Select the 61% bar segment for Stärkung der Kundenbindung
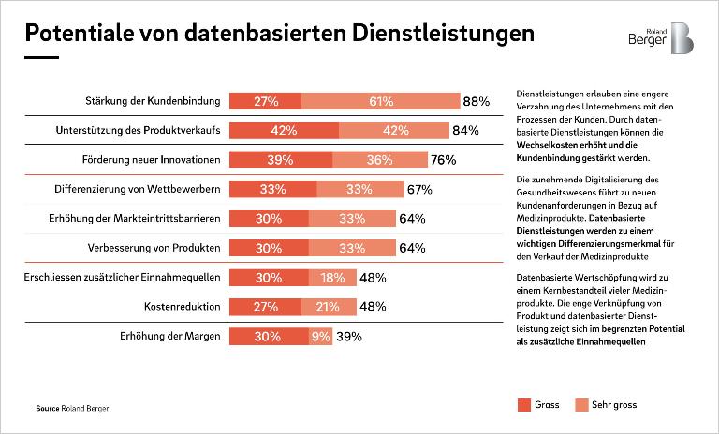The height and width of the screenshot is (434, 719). point(380,101)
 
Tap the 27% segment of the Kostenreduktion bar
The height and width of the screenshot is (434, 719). point(266,307)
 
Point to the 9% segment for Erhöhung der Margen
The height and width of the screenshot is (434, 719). point(320,337)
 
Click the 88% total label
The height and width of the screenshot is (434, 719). point(477,101)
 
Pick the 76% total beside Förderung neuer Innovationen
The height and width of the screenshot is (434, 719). point(443,160)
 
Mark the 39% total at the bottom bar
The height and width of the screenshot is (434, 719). point(349,337)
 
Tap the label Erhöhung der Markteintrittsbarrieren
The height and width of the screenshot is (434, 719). point(134,219)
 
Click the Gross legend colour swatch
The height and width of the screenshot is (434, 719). point(523,405)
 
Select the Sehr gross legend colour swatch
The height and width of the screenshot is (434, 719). point(581,405)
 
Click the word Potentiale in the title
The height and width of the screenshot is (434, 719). point(75,34)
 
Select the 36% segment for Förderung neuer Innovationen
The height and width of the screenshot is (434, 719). point(379,160)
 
